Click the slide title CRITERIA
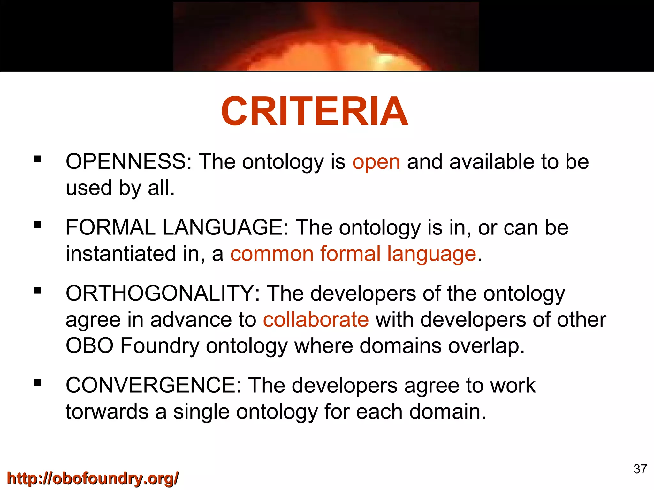314,111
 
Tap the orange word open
376,162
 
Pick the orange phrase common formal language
353,254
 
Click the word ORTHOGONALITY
163,293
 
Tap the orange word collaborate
316,320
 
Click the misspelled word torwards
107,412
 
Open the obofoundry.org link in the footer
93,479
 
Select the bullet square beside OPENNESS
38,159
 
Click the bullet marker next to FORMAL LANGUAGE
38,225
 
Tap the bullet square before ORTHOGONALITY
38,291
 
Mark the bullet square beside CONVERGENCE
38,382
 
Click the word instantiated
121,254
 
